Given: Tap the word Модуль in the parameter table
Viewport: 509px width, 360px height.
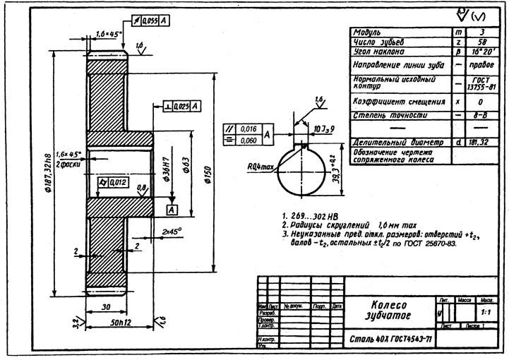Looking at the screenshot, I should tap(367, 32).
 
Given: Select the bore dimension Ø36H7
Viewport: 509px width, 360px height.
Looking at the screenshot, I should tap(164, 171).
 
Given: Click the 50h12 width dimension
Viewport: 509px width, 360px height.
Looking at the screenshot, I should tap(119, 323).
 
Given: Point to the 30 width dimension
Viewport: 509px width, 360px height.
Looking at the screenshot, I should tap(105, 308).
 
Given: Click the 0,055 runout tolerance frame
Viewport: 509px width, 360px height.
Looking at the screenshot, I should tap(150, 22).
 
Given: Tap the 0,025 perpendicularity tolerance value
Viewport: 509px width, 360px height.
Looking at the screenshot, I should tap(181, 106).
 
